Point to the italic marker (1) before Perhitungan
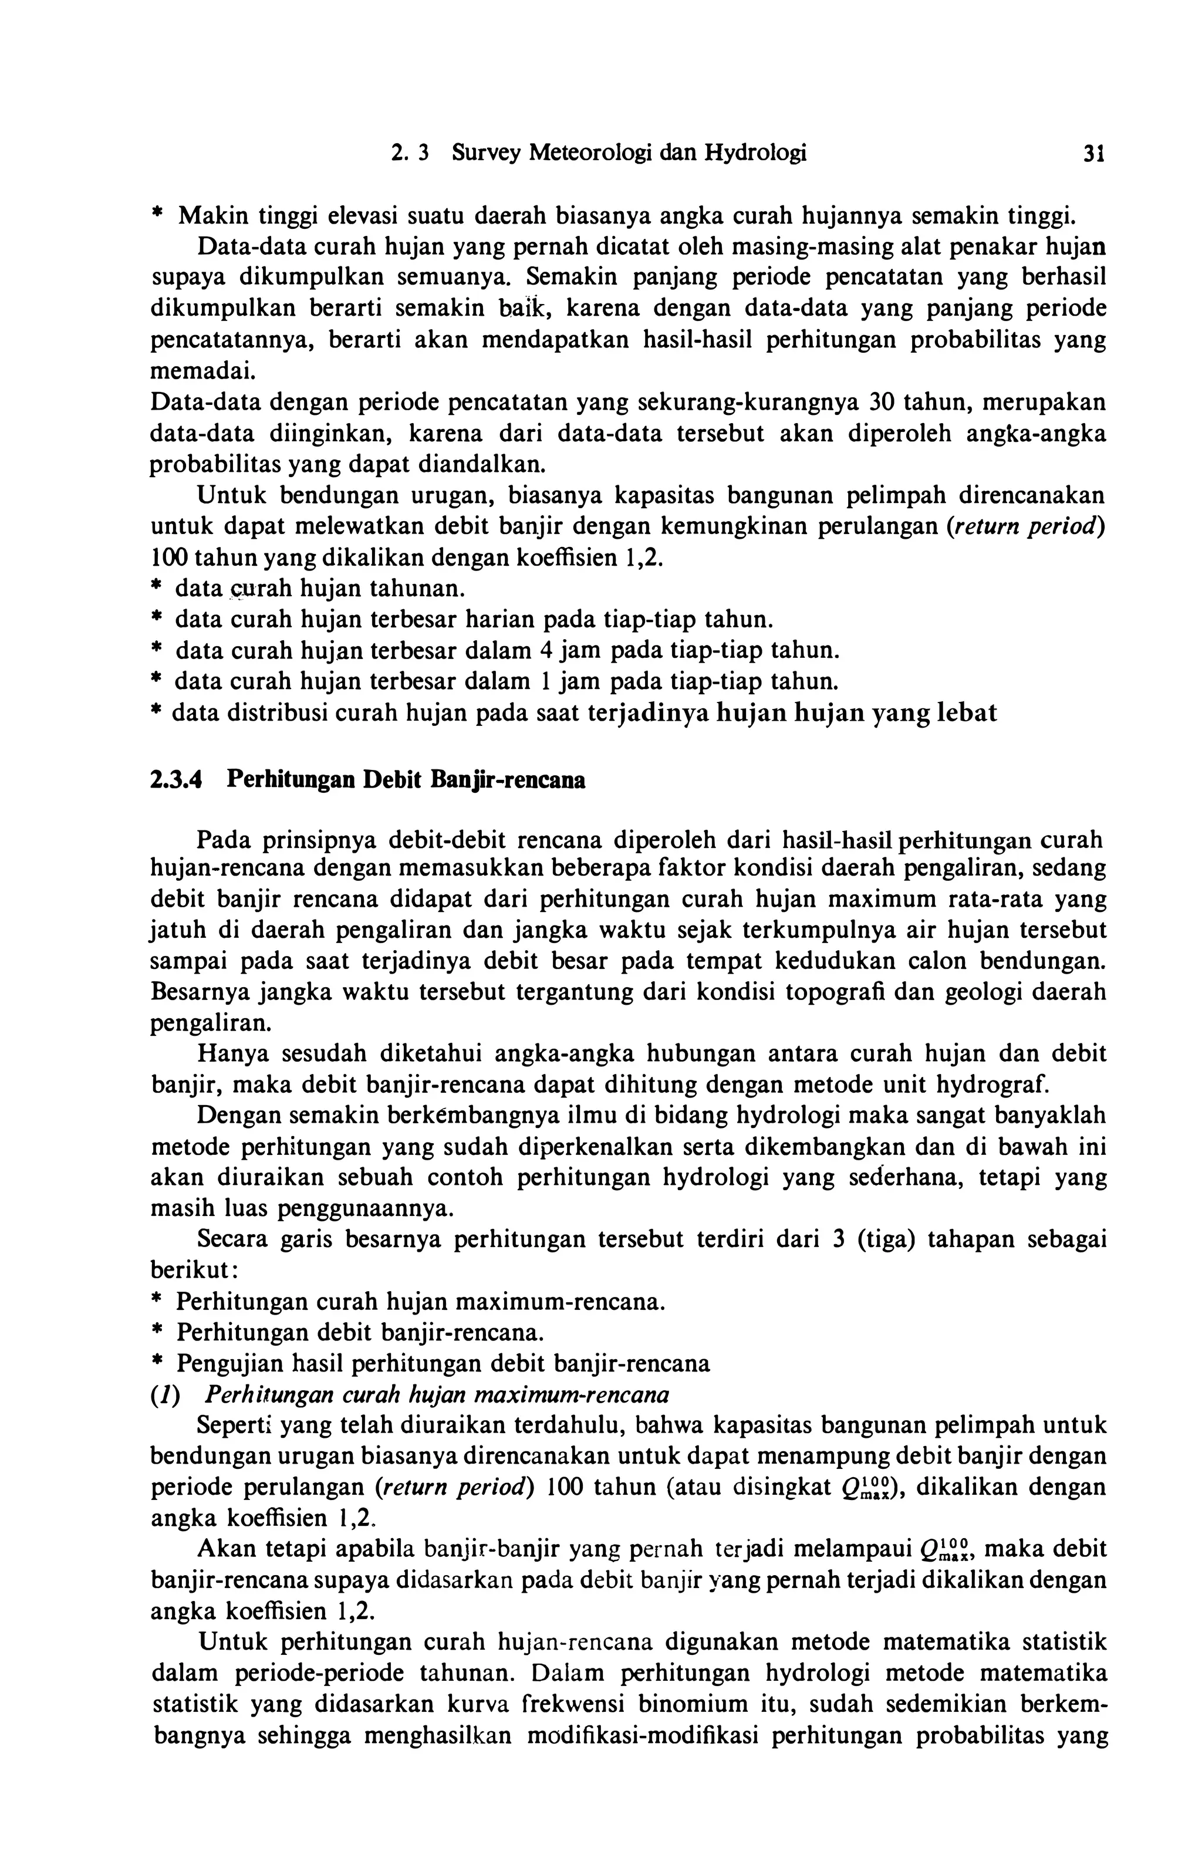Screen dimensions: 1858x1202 166,1394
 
